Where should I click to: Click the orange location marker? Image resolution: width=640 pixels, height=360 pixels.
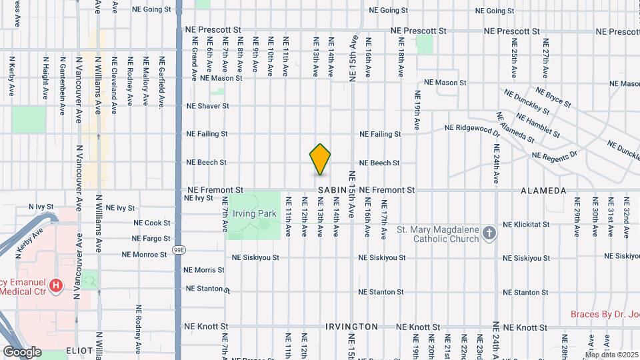pyautogui.click(x=320, y=159)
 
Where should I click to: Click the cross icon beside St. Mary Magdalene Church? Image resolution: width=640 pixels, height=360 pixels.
pyautogui.click(x=490, y=233)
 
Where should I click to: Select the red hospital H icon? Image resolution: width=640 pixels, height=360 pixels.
pyautogui.click(x=56, y=286)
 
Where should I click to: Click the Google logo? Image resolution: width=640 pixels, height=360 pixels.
pyautogui.click(x=22, y=351)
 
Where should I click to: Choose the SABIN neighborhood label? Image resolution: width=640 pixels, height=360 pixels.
pyautogui.click(x=332, y=191)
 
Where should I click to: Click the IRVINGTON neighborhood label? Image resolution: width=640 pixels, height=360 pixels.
pyautogui.click(x=352, y=327)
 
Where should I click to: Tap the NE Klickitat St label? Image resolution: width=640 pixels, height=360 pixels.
pyautogui.click(x=526, y=225)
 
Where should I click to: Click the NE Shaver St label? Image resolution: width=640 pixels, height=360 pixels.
pyautogui.click(x=207, y=106)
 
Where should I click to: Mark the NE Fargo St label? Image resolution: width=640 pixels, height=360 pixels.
pyautogui.click(x=151, y=238)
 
